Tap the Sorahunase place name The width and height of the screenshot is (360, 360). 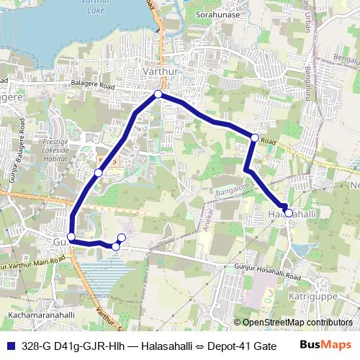[218, 14]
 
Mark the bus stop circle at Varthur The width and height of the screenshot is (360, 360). [158, 94]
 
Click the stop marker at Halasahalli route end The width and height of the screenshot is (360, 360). [288, 212]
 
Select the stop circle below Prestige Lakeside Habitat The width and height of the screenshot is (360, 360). [99, 173]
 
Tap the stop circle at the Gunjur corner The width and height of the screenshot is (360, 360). [71, 237]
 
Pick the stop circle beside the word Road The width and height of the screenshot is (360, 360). [254, 137]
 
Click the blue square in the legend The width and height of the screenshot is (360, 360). [11, 346]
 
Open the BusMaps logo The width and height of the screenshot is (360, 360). [325, 345]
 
